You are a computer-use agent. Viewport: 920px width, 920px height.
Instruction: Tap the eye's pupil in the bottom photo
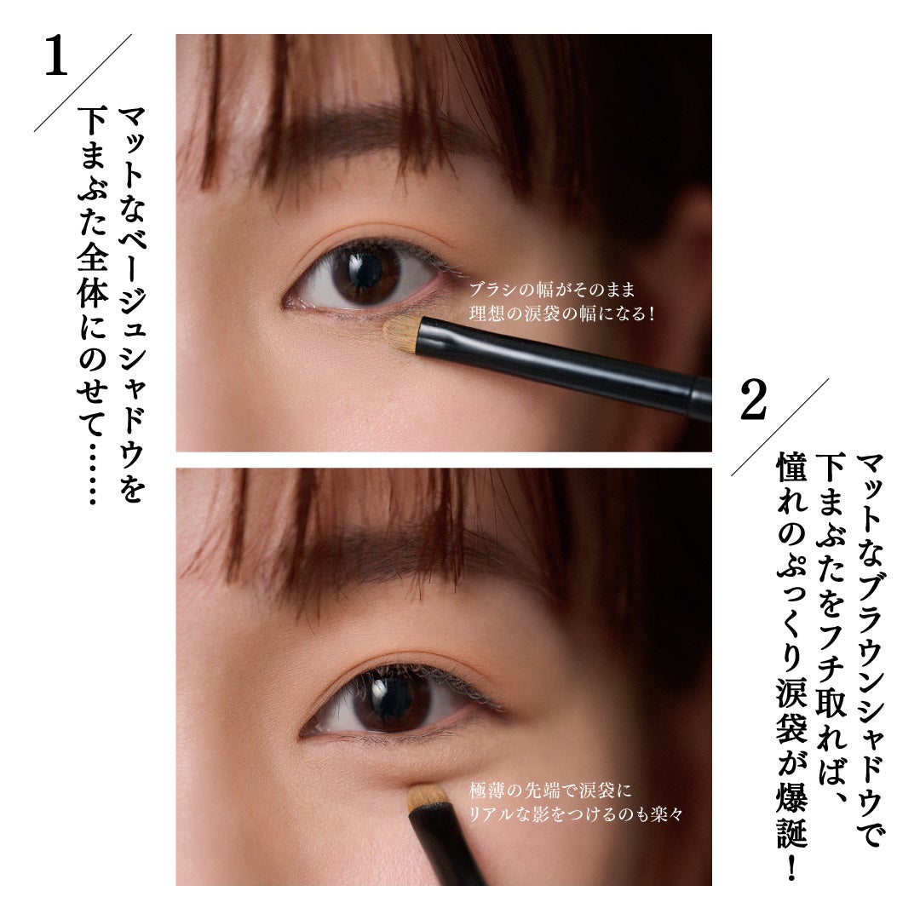point(393,700)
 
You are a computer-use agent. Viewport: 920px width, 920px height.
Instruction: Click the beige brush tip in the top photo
point(401,333)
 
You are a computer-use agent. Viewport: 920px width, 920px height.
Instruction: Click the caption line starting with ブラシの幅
point(552,290)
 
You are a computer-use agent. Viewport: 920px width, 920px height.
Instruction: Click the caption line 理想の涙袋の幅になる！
point(562,313)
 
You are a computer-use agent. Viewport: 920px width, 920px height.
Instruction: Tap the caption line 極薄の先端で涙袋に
point(550,791)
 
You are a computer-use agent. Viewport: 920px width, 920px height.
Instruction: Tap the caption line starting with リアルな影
point(576,814)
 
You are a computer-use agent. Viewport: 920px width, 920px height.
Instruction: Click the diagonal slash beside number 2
point(780,426)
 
